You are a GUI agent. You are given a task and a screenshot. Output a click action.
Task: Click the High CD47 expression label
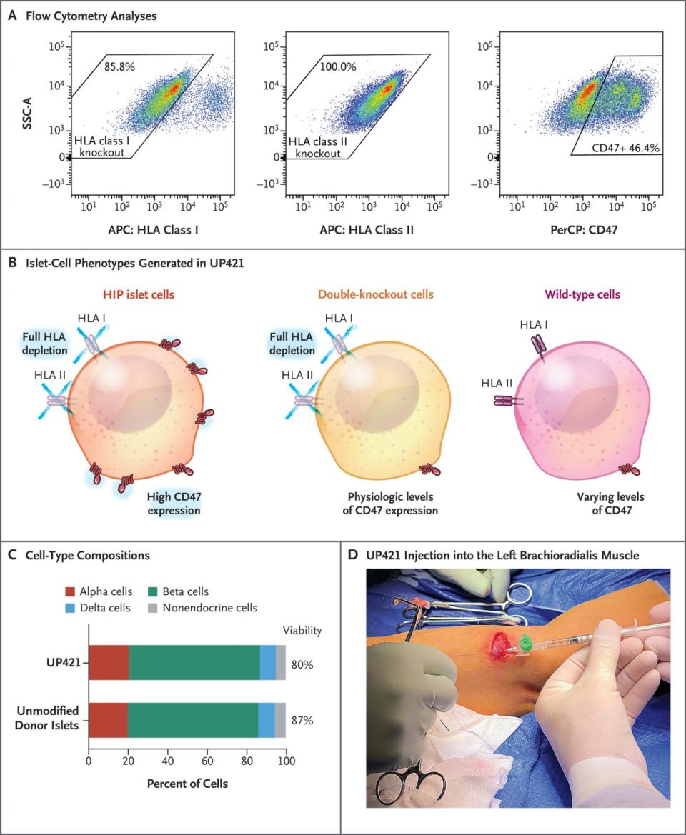[x=174, y=504]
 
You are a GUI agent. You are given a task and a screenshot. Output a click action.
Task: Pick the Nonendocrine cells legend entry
[x=217, y=608]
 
